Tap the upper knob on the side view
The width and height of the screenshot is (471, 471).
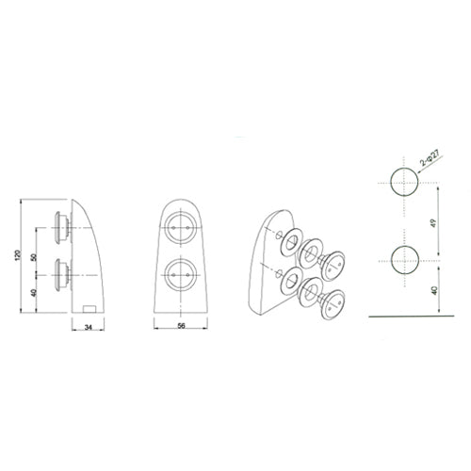(62, 226)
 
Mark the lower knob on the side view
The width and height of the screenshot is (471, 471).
(62, 274)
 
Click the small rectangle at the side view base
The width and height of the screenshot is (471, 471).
(89, 307)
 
